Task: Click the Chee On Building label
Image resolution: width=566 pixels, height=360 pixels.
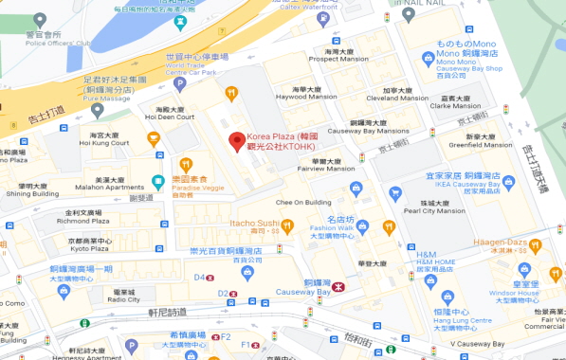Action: [x=302, y=202]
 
